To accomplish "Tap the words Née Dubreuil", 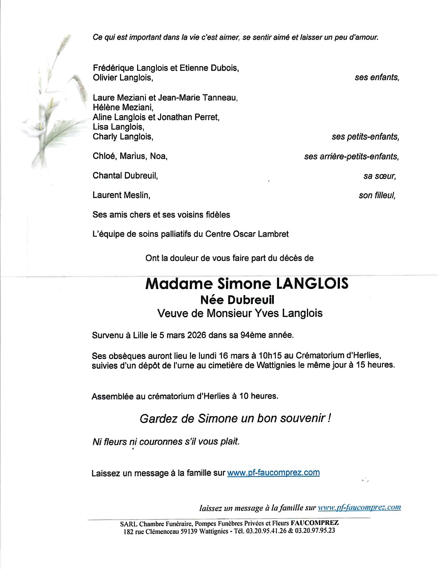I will coord(237,300).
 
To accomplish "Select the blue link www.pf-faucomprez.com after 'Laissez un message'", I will coord(273,473).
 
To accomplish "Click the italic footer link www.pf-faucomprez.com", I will coord(359,507).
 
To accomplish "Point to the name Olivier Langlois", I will coord(123,78).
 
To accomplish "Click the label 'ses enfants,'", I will coord(377,77).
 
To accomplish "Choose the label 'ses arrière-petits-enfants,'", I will coord(351,157).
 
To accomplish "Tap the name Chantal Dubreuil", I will coord(125,176).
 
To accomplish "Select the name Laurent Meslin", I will coord(121,195).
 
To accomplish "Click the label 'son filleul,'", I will coord(377,195).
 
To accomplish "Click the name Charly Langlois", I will coord(123,137).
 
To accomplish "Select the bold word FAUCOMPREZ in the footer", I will coord(315,523).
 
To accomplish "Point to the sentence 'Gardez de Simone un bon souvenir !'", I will coord(235,419).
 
